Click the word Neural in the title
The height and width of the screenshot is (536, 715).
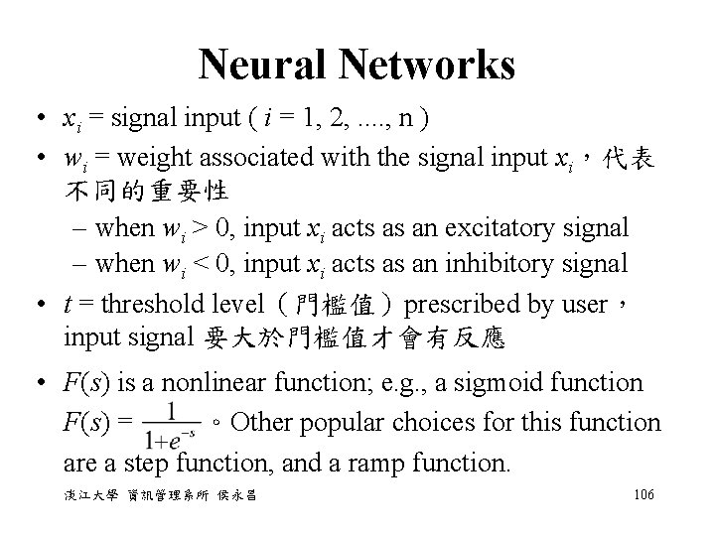point(265,66)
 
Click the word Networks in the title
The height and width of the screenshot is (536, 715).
point(427,66)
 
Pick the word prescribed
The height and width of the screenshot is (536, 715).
point(461,301)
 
